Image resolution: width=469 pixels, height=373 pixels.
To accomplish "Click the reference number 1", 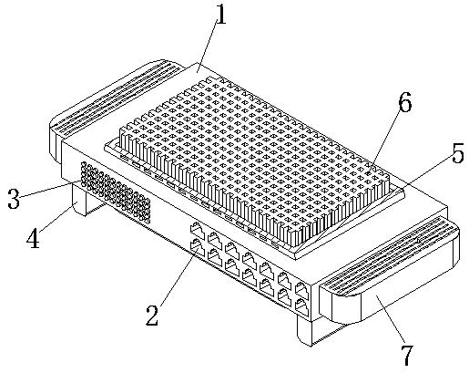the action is (221, 15).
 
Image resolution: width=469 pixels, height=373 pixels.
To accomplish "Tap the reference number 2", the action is (152, 316).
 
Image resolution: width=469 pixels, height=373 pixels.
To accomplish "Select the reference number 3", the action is (14, 199).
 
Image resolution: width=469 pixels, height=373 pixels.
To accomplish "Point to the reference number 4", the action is (33, 238).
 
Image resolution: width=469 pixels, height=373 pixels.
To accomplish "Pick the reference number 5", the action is (457, 153).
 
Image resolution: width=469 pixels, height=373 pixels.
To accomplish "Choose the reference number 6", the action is (404, 101).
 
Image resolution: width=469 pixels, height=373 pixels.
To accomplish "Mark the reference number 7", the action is (408, 356).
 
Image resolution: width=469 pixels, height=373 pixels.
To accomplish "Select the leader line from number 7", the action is (391, 320).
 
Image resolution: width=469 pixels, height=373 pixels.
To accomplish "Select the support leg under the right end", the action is (304, 331).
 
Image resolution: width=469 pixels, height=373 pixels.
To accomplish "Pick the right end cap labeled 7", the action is (390, 271).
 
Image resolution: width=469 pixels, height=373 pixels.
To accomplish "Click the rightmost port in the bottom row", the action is (302, 306).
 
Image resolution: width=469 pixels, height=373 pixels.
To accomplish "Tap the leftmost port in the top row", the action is (197, 230).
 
